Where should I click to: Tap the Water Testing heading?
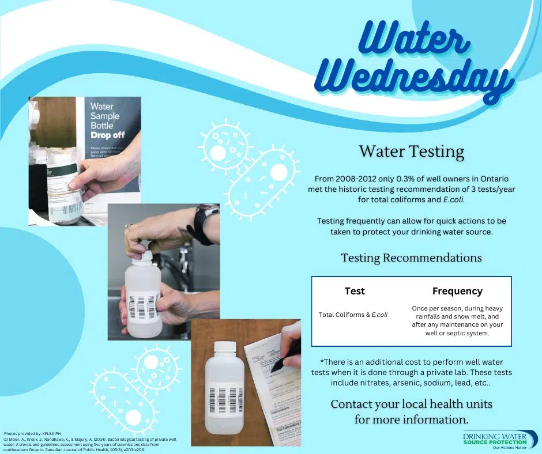[411, 152]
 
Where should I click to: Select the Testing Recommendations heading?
[411, 258]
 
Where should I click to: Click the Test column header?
[354, 291]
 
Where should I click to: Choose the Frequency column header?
[457, 291]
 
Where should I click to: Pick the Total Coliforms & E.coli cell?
[353, 315]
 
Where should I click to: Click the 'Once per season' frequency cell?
[457, 321]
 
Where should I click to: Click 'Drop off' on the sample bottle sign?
[108, 135]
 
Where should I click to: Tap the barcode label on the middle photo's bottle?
[143, 306]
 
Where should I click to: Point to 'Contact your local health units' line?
[411, 404]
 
